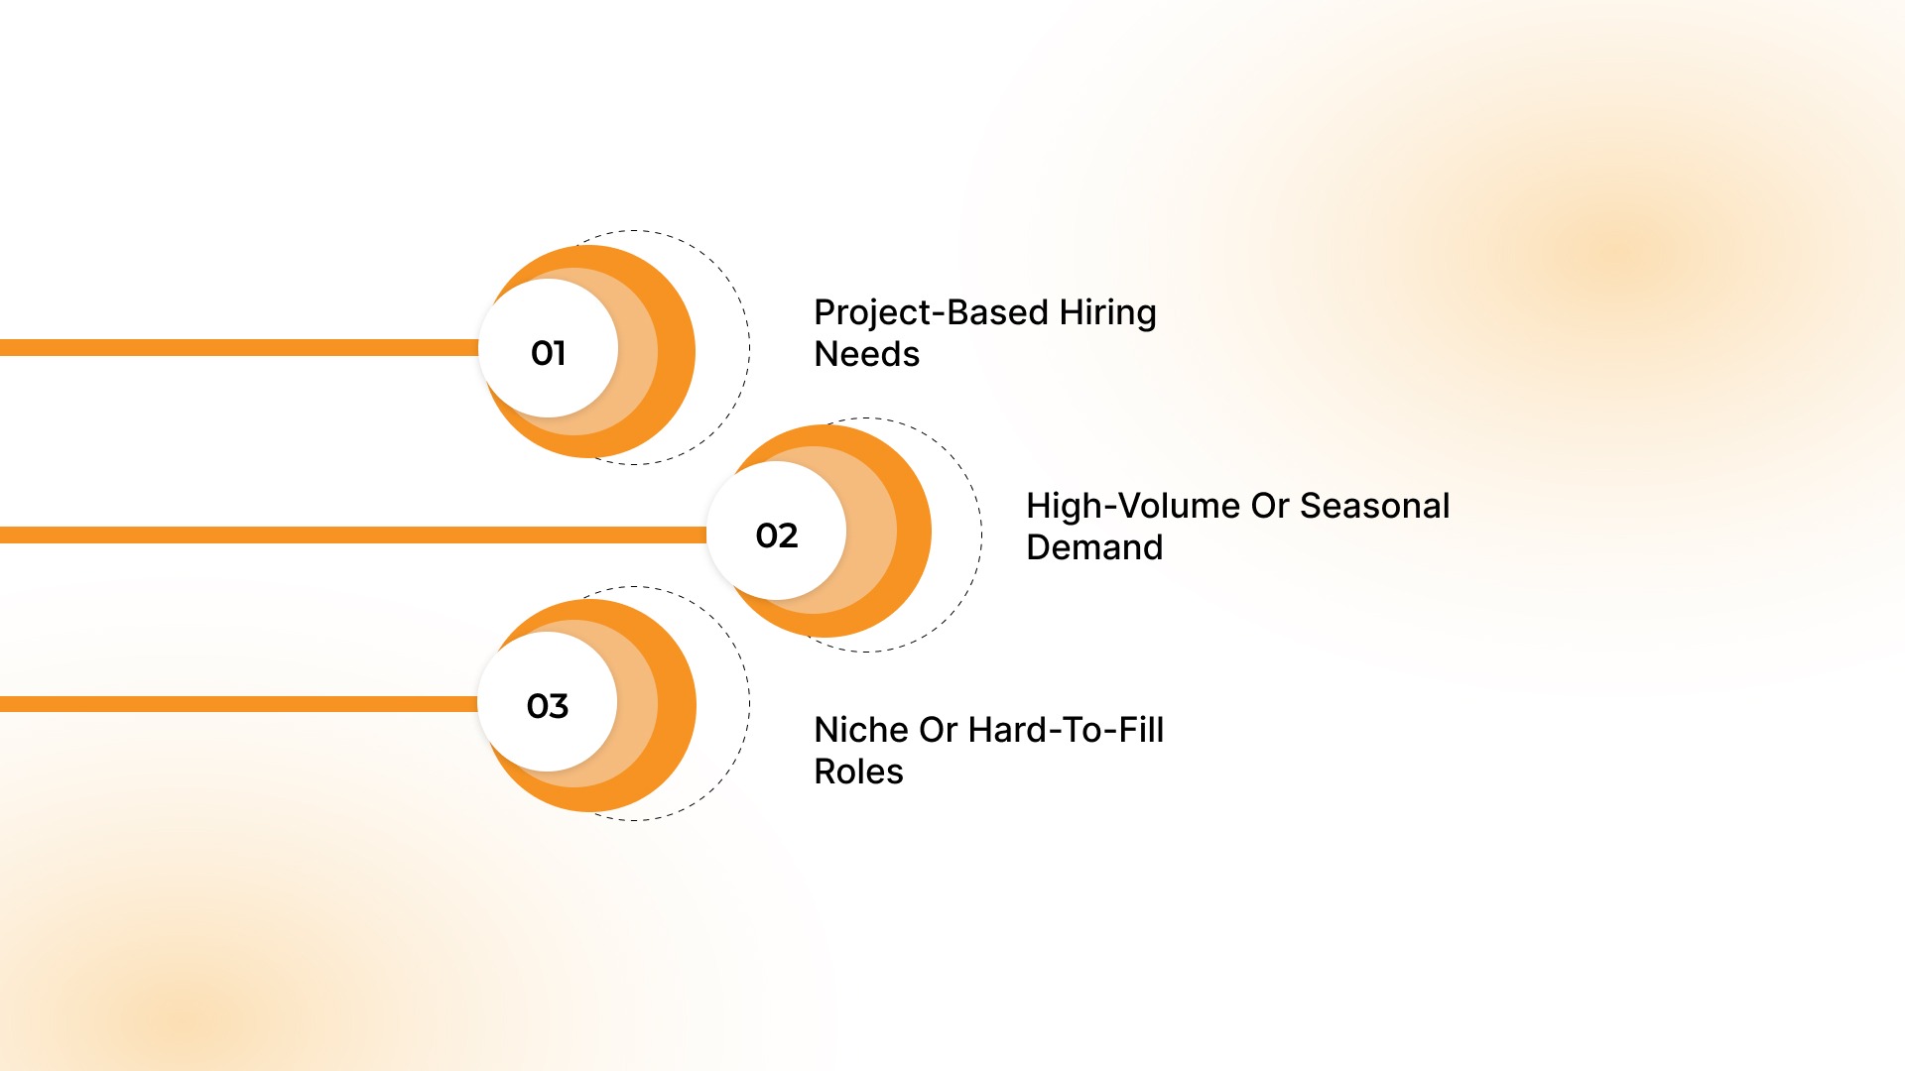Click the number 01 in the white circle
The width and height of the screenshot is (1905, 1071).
point(548,353)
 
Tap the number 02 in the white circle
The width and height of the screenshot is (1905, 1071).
point(776,535)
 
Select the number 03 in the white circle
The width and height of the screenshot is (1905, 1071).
point(547,706)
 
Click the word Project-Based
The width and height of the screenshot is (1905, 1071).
point(930,312)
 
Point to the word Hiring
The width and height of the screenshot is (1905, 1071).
point(1107,313)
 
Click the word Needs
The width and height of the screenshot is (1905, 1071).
point(866,354)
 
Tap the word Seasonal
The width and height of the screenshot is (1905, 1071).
point(1374,506)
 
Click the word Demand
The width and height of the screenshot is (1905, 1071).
point(1093,547)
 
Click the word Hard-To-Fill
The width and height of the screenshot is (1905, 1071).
point(1066,730)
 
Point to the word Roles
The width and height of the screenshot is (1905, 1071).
point(858,772)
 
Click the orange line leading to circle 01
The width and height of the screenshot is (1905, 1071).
point(238,347)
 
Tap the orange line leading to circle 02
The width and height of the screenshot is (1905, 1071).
point(347,535)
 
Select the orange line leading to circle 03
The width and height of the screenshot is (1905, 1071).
point(238,704)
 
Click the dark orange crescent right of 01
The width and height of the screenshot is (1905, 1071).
point(677,351)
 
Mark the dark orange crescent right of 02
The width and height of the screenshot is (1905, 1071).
point(914,532)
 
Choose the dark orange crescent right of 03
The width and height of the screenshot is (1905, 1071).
point(677,705)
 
